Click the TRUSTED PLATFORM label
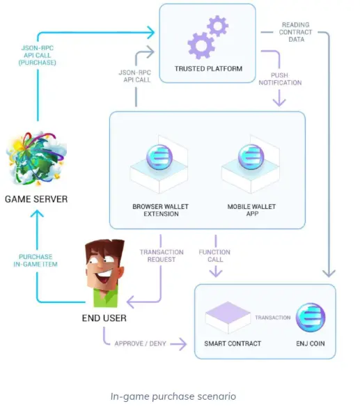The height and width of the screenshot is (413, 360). [x=208, y=69]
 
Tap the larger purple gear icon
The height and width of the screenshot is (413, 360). [x=201, y=45]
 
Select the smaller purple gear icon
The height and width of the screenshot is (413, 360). [x=217, y=26]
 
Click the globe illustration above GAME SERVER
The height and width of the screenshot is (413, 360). [x=36, y=158]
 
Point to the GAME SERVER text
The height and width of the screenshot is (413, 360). [x=36, y=199]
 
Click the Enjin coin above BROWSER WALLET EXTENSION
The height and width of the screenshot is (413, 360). [x=159, y=157]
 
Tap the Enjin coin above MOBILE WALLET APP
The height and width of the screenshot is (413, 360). [x=251, y=157]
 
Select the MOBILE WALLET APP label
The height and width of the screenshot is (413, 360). [x=252, y=210]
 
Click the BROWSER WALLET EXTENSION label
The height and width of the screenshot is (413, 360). [x=161, y=210]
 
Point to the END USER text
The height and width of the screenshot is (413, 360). [x=104, y=318]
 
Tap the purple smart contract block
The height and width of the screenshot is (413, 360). [x=228, y=318]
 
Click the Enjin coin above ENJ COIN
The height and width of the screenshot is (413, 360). [x=311, y=317]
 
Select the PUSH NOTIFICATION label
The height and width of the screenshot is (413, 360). [x=280, y=79]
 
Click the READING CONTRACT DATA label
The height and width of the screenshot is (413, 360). [x=296, y=32]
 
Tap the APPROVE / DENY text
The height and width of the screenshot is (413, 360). [x=141, y=343]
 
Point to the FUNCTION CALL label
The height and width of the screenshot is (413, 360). [x=214, y=256]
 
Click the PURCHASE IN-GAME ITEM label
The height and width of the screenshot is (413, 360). [x=36, y=260]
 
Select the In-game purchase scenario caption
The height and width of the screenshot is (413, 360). [x=173, y=396]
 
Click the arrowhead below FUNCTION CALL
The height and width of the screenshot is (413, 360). [x=216, y=272]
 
